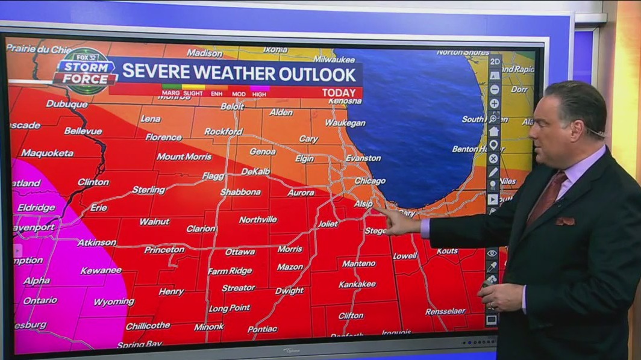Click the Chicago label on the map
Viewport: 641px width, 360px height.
click(370, 181)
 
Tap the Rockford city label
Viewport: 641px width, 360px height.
click(223, 131)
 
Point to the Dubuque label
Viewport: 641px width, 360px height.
click(67, 104)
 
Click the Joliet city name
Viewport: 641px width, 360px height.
click(328, 223)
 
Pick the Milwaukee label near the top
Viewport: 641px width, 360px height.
click(334, 60)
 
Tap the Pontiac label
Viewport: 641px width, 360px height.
click(262, 329)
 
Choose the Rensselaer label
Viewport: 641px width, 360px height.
click(445, 311)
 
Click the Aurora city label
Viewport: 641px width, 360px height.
click(301, 193)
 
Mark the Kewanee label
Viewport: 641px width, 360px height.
click(101, 270)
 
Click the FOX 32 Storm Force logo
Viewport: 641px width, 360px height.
click(85, 72)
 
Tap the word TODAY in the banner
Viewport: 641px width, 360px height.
click(339, 93)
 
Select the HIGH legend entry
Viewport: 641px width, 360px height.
click(260, 93)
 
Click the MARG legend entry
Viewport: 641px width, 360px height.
click(170, 93)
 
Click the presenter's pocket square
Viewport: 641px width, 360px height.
click(565, 221)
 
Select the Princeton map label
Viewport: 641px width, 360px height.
click(164, 249)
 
